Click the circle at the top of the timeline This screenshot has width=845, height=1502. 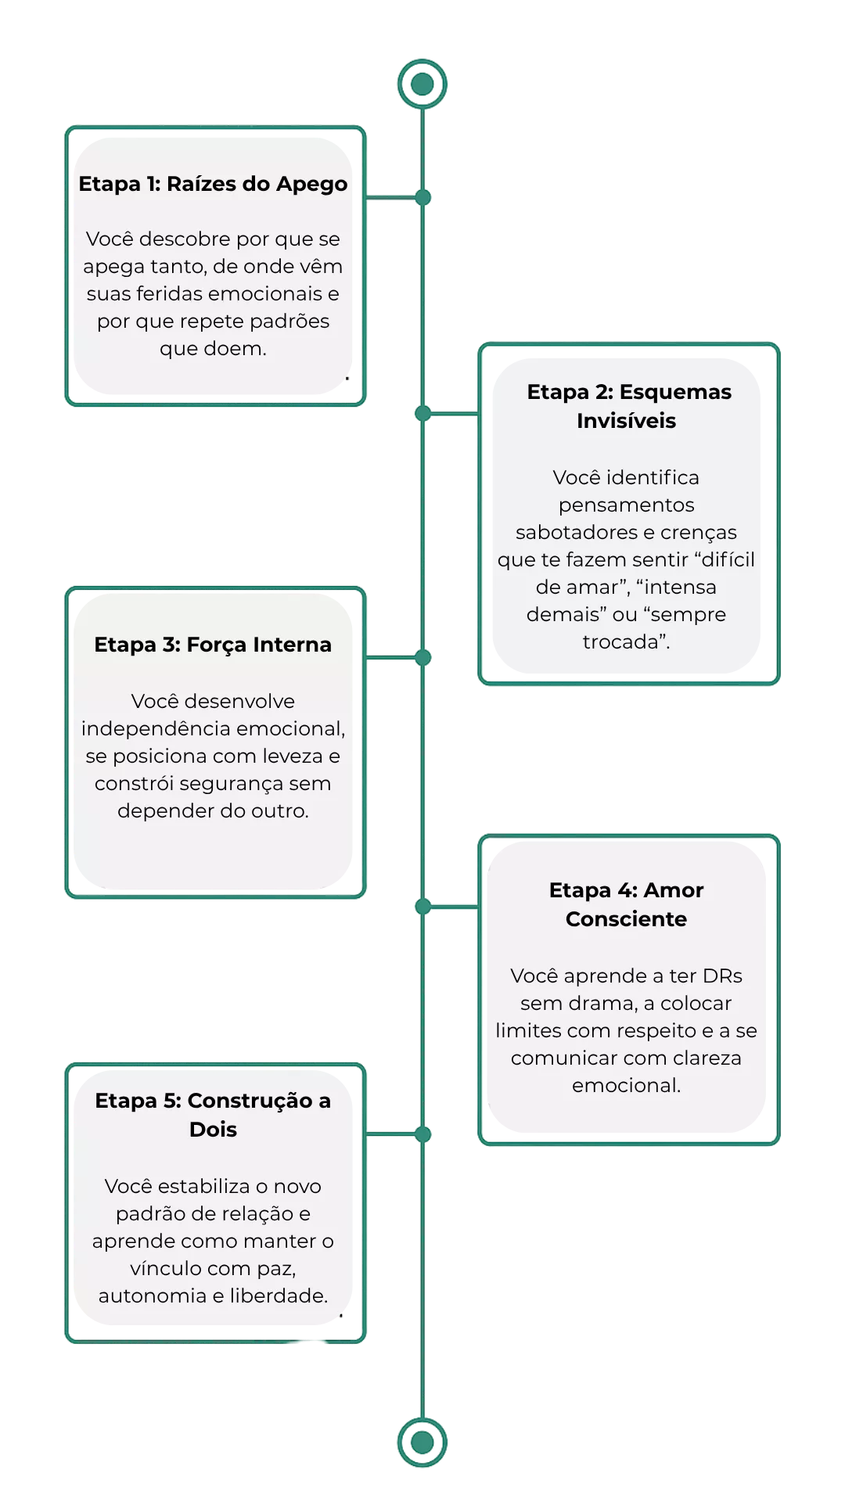point(422,84)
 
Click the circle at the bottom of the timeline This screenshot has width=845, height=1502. point(422,1442)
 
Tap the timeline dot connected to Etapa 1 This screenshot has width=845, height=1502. point(423,197)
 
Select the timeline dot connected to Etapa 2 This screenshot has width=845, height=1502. point(423,413)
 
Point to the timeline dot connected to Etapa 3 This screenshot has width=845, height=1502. point(423,657)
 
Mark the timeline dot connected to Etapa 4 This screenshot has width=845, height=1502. point(423,907)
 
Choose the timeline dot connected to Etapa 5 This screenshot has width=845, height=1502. point(423,1134)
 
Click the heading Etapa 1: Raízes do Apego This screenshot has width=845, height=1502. point(213,185)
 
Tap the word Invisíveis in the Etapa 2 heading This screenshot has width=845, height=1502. point(626,421)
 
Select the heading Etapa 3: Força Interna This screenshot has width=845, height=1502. point(213,645)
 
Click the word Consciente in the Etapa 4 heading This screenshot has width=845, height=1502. point(626,919)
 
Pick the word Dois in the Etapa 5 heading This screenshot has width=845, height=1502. point(213,1130)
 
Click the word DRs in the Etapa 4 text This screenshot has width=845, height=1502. point(722,976)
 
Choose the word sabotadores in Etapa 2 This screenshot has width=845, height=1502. point(577,533)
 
